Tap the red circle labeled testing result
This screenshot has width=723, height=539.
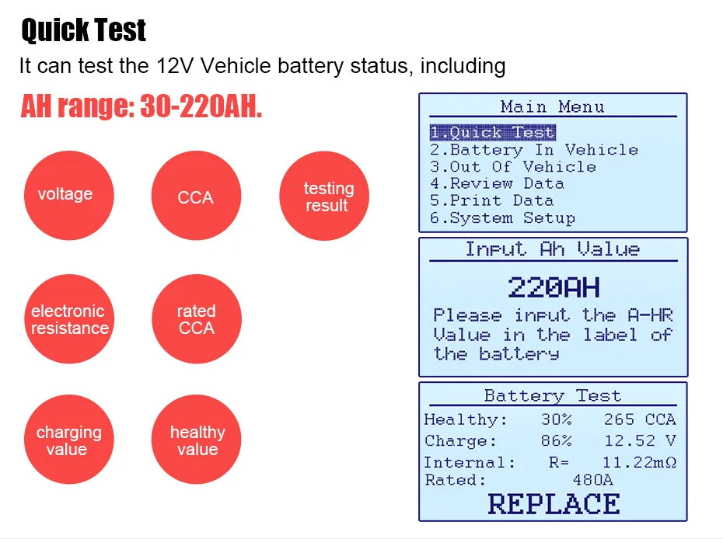coord(323,196)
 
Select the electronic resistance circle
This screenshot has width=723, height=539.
coord(68,319)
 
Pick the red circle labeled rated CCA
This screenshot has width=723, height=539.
coord(196,319)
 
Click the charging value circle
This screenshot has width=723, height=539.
coord(68,440)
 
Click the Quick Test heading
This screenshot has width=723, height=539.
coord(83,31)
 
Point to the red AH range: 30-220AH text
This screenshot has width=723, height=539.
coord(141,107)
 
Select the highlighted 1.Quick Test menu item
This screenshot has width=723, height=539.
coord(492,133)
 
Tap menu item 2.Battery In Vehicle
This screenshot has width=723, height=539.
coord(534,150)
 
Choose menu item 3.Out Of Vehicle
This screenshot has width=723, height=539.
coord(513,167)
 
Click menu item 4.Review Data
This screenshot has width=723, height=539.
coord(497,184)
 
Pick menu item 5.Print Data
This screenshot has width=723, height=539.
coord(491,201)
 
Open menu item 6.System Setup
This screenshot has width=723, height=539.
coord(502,218)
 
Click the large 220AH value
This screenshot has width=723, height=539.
coord(554,288)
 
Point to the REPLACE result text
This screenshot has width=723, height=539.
coord(554,503)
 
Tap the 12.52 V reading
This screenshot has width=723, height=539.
coord(639,440)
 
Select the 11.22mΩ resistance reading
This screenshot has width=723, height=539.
coord(639,462)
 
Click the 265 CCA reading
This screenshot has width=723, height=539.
coord(639,419)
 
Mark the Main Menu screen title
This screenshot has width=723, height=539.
coord(552,106)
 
